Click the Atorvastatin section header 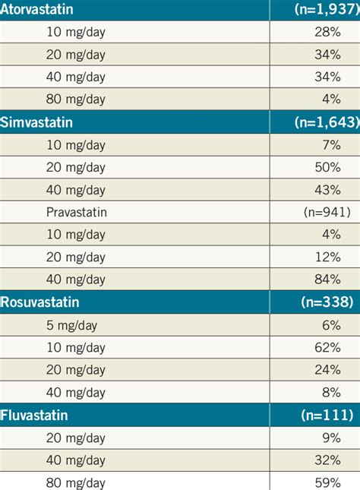click(36, 10)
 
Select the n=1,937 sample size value click(323, 10)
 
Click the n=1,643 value click(323, 122)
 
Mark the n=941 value click(326, 212)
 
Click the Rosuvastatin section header click(39, 302)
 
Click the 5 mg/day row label click(77, 324)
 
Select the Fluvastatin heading click(34, 415)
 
